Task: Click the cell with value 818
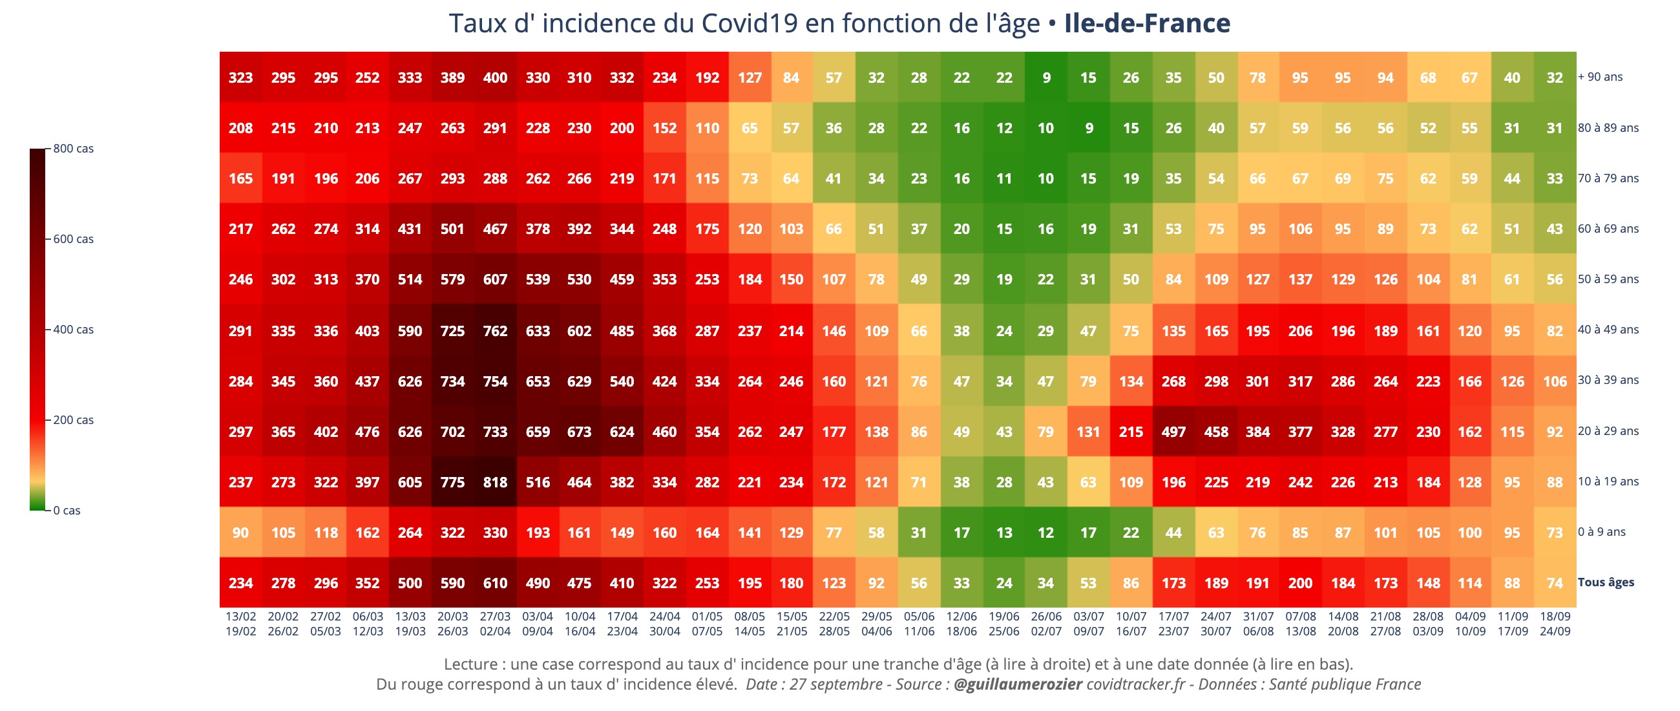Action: point(495,483)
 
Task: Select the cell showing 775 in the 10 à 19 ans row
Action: point(452,483)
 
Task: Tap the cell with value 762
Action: point(495,332)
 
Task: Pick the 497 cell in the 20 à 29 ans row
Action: point(1173,432)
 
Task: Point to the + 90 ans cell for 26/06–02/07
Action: point(1046,78)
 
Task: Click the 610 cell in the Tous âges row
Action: point(495,583)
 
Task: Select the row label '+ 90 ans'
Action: point(1600,77)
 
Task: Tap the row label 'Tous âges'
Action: point(1605,582)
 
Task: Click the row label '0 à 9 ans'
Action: point(1601,532)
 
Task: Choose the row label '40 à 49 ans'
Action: point(1608,330)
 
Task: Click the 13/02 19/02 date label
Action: point(240,624)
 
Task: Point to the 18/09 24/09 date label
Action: point(1555,624)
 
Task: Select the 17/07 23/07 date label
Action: point(1173,624)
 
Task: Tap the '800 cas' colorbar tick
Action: point(73,149)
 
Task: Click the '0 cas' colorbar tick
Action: point(67,511)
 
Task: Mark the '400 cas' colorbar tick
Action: point(73,330)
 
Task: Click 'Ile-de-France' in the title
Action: point(1146,23)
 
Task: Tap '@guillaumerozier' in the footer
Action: point(1018,684)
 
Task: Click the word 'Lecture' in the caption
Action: point(471,664)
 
